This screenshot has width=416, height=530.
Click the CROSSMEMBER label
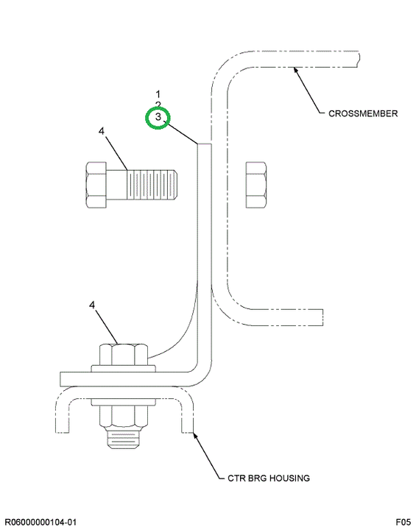pyautogui.click(x=363, y=113)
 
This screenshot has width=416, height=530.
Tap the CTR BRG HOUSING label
pyautogui.click(x=269, y=478)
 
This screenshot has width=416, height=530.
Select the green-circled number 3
pyautogui.click(x=158, y=117)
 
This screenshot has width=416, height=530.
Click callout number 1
pyautogui.click(x=158, y=93)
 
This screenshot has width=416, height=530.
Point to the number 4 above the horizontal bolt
pyautogui.click(x=102, y=131)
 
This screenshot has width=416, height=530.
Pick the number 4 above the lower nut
pyautogui.click(x=92, y=305)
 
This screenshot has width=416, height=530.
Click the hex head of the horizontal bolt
pyautogui.click(x=96, y=185)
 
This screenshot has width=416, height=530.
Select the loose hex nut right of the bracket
pyautogui.click(x=255, y=185)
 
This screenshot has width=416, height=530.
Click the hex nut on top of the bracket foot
pyautogui.click(x=124, y=355)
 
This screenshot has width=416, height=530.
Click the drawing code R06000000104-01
pyautogui.click(x=40, y=522)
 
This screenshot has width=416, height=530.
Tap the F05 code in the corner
pyautogui.click(x=403, y=522)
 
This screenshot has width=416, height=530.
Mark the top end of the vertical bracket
pyautogui.click(x=205, y=144)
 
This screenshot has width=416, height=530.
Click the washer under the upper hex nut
pyautogui.click(x=124, y=369)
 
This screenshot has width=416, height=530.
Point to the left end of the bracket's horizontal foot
pyautogui.click(x=60, y=379)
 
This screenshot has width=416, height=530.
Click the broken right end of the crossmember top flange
pyautogui.click(x=358, y=59)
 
